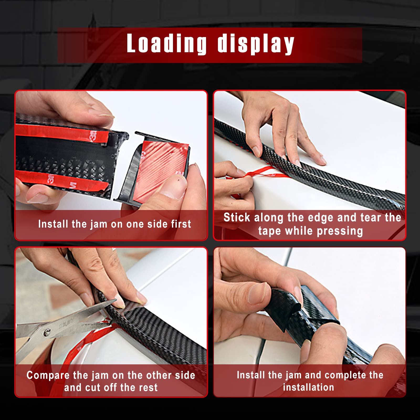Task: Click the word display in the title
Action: pyautogui.click(x=256, y=44)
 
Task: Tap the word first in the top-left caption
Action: pyautogui.click(x=181, y=224)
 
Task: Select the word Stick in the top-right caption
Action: pyautogui.click(x=237, y=217)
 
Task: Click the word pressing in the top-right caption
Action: pyautogui.click(x=340, y=231)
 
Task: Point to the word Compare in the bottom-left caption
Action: pyautogui.click(x=48, y=375)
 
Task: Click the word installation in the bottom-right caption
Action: pyautogui.click(x=309, y=387)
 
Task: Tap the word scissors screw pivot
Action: pyautogui.click(x=47, y=332)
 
